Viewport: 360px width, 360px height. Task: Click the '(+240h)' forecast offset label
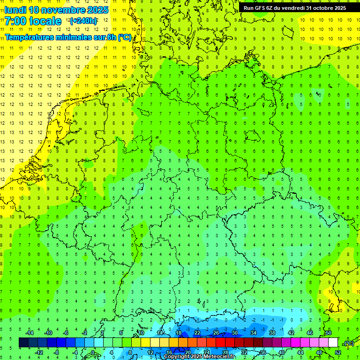[84, 21]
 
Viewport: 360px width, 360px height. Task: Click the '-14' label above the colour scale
[29, 333]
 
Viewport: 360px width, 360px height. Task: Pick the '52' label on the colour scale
[337, 352]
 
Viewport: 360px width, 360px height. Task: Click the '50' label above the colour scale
[329, 333]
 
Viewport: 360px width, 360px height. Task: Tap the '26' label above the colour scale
[216, 333]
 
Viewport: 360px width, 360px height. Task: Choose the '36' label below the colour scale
[263, 352]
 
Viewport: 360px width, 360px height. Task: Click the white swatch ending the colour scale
[333, 343]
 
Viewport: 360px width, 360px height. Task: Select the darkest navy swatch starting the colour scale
[23, 343]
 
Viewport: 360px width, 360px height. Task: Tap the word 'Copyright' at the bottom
[177, 357]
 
